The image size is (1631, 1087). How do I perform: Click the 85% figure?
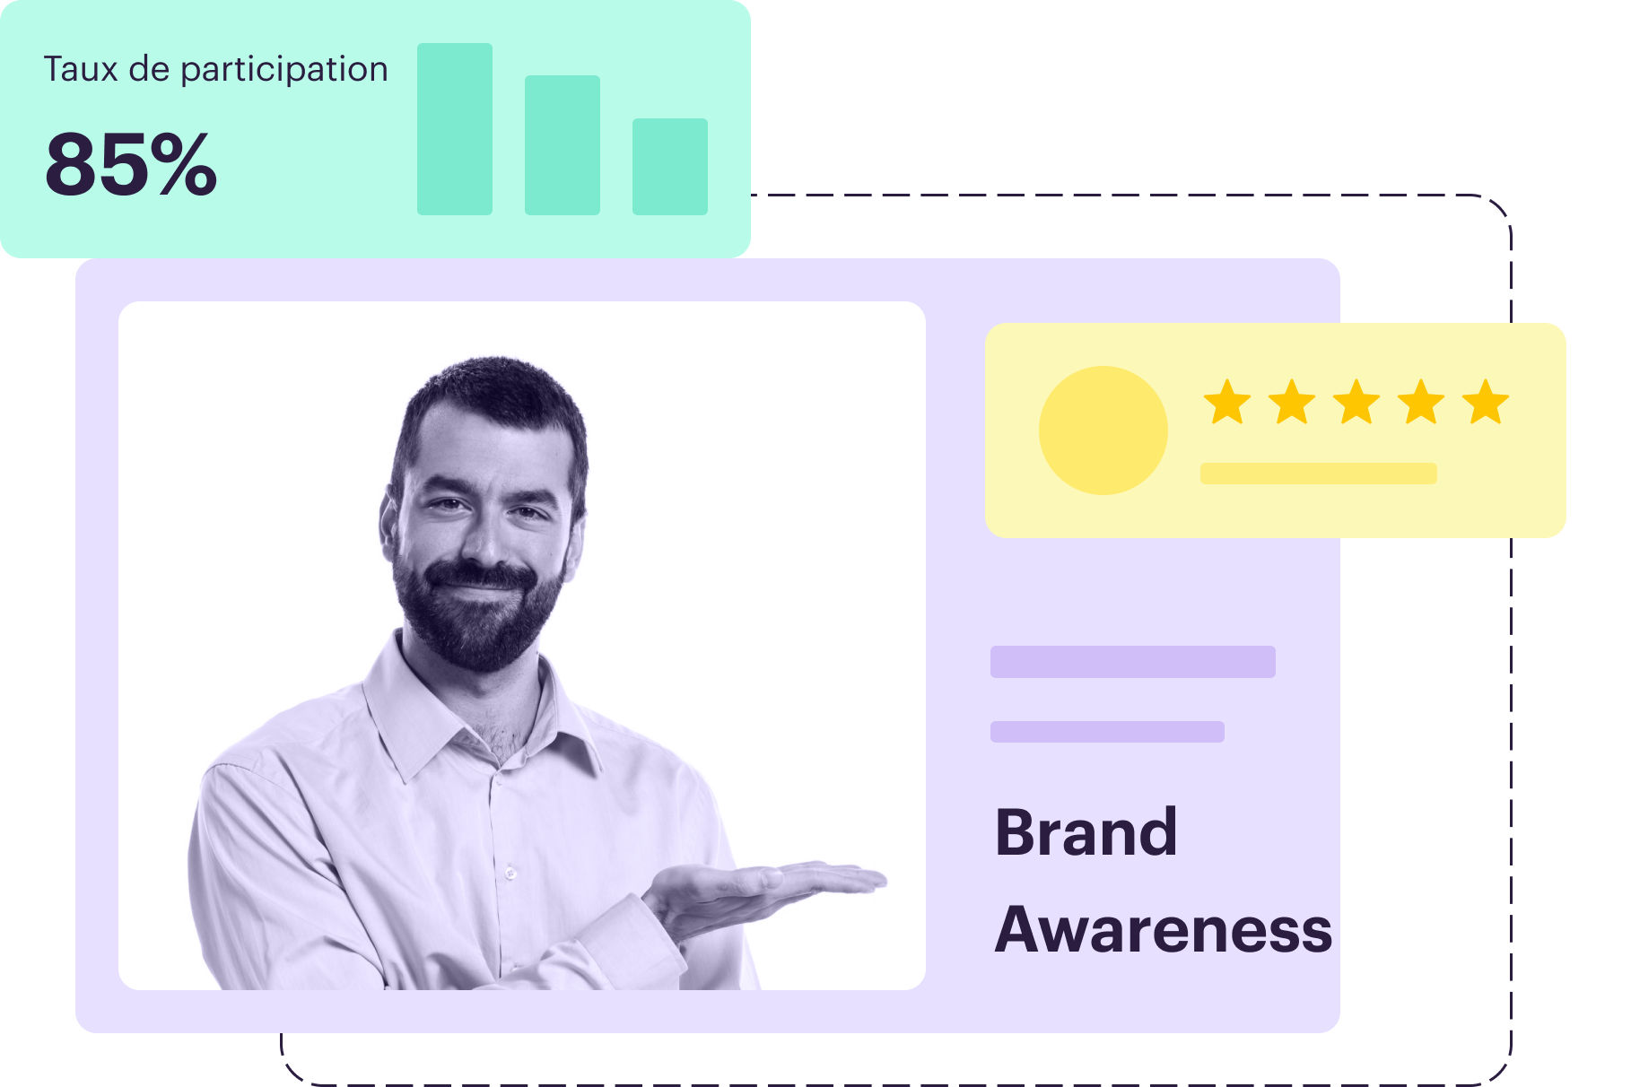[131, 163]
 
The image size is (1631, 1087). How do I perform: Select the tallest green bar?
[455, 129]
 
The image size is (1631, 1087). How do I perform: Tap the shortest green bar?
[670, 167]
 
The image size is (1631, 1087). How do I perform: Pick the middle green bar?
[563, 145]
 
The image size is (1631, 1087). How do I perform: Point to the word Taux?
[81, 69]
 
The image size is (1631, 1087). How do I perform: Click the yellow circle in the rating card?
[1103, 430]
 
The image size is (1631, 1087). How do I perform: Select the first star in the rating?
[1227, 402]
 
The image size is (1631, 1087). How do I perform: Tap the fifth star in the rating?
[1486, 402]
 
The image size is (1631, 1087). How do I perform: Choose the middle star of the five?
[1356, 402]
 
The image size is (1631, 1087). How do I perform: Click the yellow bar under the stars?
[1319, 474]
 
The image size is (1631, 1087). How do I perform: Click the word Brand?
[1086, 832]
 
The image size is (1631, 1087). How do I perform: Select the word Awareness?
[1164, 929]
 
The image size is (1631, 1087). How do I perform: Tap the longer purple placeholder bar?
[1133, 662]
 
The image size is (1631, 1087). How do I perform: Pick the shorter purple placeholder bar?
[1107, 732]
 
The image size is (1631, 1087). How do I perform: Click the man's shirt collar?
[484, 709]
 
